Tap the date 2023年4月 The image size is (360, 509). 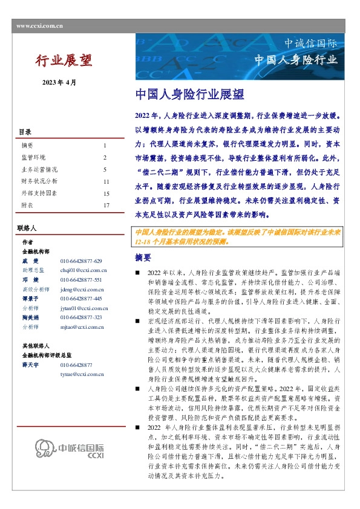click(59, 82)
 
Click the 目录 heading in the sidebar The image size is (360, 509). click(25, 132)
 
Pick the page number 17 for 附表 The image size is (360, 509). click(106, 206)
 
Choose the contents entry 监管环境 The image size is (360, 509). click(33, 158)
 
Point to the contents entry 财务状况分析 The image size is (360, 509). click(39, 181)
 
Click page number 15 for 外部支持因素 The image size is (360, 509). click(106, 193)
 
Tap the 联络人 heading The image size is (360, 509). click(28, 229)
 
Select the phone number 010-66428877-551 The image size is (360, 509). click(81, 280)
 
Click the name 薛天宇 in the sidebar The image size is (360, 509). click(31, 365)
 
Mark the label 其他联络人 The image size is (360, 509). click(35, 346)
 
